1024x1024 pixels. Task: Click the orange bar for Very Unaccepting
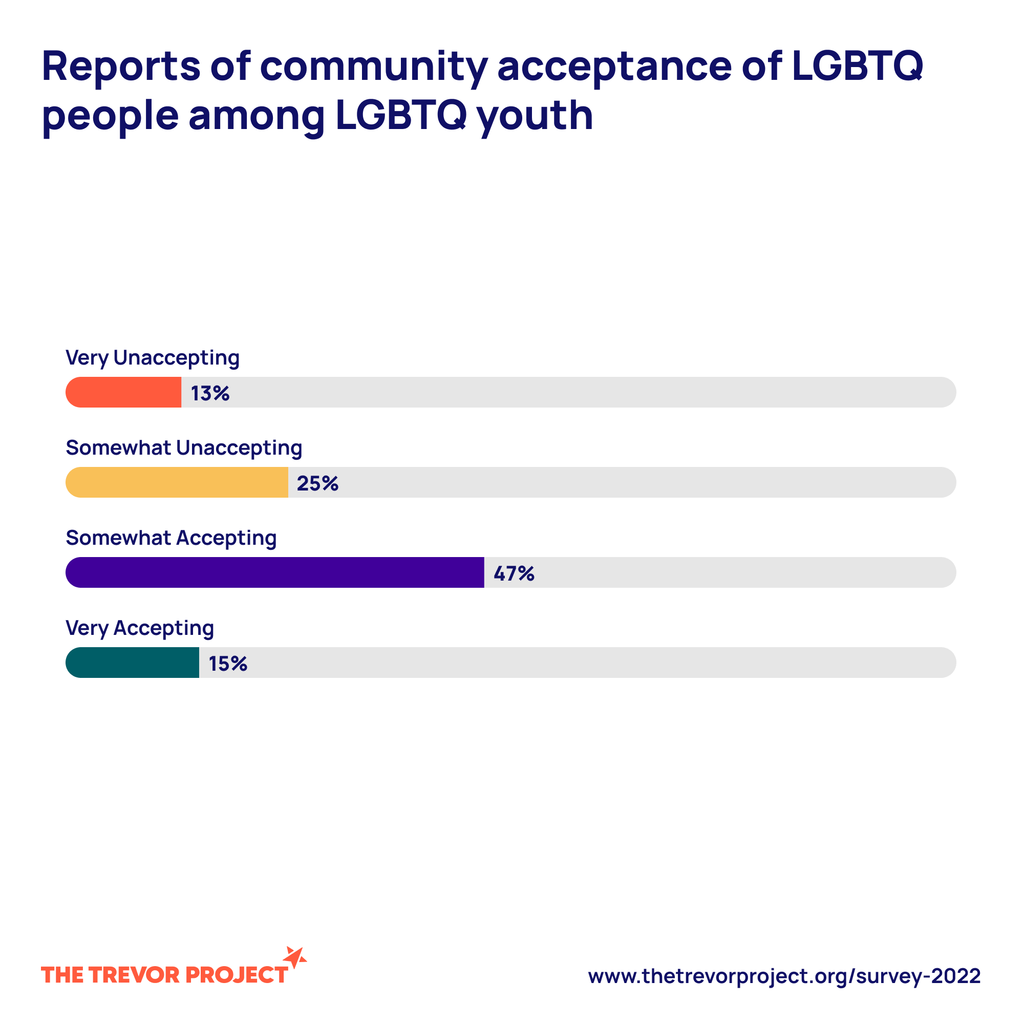(123, 392)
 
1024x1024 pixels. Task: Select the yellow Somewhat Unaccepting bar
(177, 482)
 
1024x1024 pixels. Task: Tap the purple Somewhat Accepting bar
(274, 572)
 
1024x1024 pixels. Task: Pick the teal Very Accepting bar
(133, 663)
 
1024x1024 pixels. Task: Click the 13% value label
(210, 393)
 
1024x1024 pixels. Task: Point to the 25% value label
(317, 483)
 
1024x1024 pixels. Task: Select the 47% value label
(514, 573)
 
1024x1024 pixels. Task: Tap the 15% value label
(228, 664)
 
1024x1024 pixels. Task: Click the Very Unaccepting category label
(153, 358)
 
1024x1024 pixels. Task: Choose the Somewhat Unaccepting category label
(184, 449)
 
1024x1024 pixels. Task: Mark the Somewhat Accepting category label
(171, 539)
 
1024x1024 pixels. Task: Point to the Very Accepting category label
(140, 629)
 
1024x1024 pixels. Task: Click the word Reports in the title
(121, 67)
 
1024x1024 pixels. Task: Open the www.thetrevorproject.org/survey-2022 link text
(784, 976)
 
